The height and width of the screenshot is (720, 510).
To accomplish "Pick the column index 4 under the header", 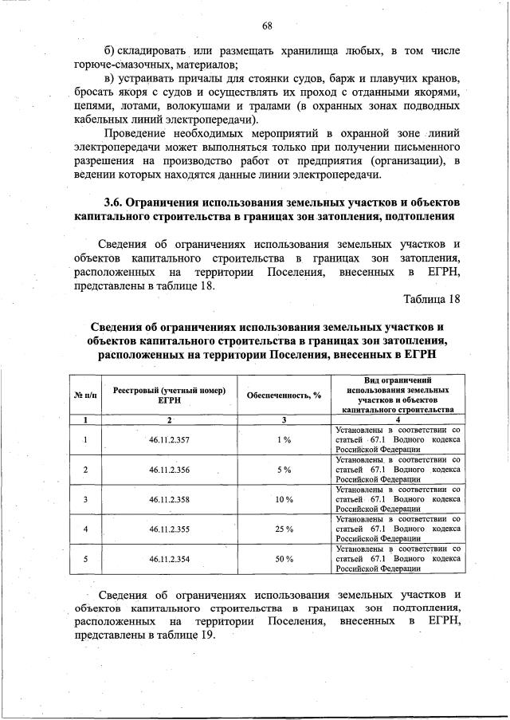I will tap(398, 419).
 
